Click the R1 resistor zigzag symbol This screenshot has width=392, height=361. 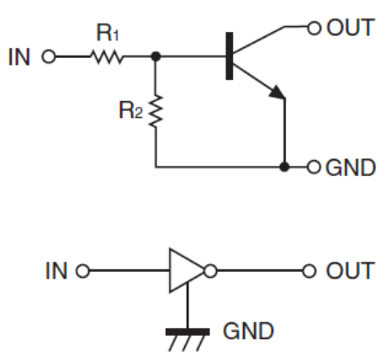pos(107,57)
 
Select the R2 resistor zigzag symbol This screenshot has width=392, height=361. pos(156,111)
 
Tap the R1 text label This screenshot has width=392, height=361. pos(108,33)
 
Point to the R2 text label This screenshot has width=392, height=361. pos(130,110)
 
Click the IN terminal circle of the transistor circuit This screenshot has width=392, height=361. pos(49,56)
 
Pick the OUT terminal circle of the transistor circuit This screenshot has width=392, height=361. pos(315,28)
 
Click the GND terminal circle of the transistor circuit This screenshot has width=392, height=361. pos(314,167)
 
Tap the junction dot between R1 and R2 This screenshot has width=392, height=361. pos(156,56)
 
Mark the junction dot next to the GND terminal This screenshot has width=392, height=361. pos(284,167)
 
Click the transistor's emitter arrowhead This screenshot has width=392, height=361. pos(278,93)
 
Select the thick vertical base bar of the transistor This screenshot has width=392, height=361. pos(230,56)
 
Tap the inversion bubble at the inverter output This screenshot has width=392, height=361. pos(210,271)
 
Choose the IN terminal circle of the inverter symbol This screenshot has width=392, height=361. pos(83,271)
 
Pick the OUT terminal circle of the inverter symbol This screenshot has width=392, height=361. pos(310,271)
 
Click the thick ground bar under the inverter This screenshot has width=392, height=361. pos(188,332)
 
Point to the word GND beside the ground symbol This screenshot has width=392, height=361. pos(248,331)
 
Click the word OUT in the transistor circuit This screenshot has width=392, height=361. pos(351,28)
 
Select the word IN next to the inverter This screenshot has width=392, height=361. pos(56,271)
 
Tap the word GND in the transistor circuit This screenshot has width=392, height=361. pos(351,167)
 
